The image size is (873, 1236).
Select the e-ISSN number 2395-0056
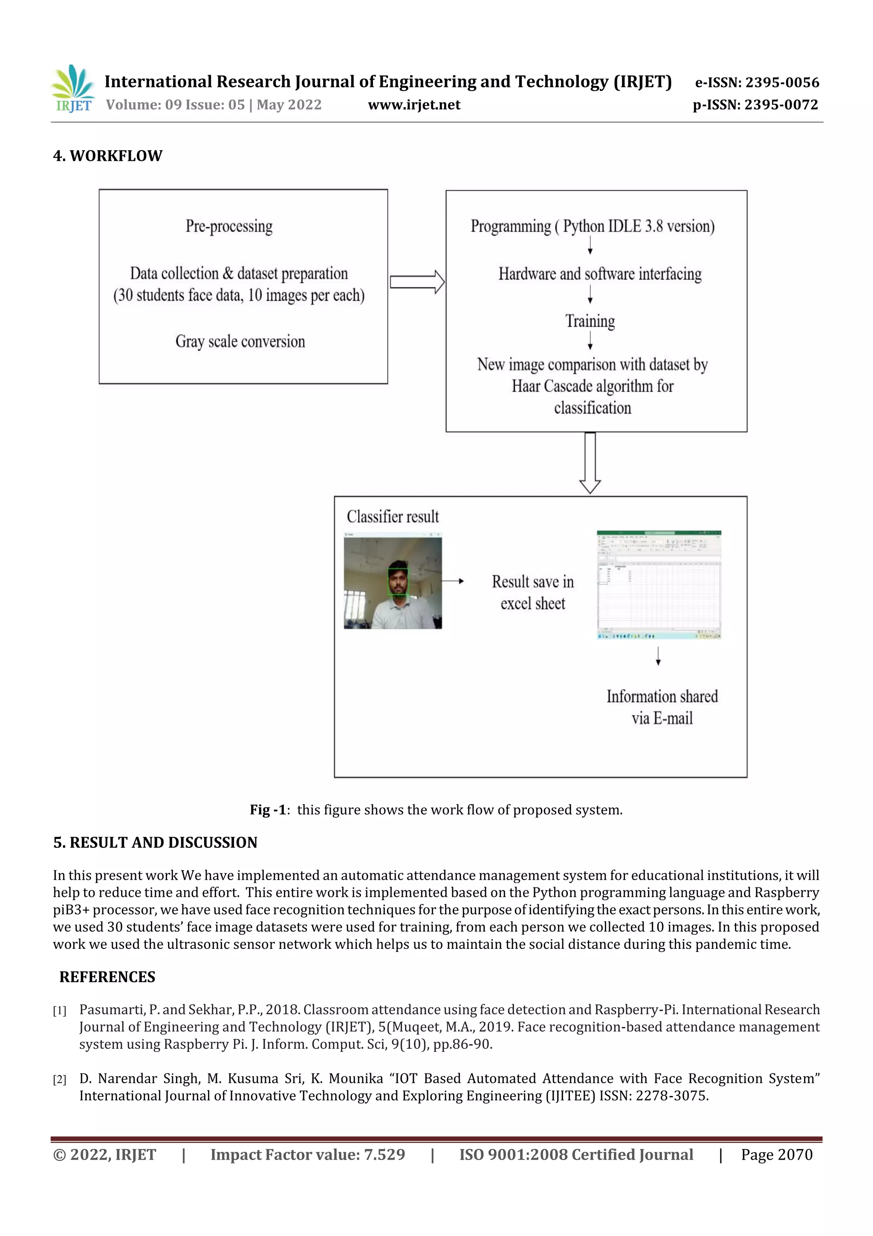coord(781,82)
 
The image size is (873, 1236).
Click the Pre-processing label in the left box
coord(229,226)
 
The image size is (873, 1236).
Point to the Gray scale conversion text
coord(240,341)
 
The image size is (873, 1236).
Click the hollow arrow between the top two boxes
coord(417,282)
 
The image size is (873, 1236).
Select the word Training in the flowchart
coord(590,321)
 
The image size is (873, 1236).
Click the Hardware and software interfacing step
coord(600,274)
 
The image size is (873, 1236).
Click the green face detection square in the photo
coord(398,582)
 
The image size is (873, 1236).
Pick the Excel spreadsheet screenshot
coord(659,585)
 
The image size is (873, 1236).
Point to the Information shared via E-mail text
coord(662,707)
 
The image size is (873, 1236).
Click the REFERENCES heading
coord(107,977)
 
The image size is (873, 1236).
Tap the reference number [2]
coord(59,1079)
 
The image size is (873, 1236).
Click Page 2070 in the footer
coord(776,1155)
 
